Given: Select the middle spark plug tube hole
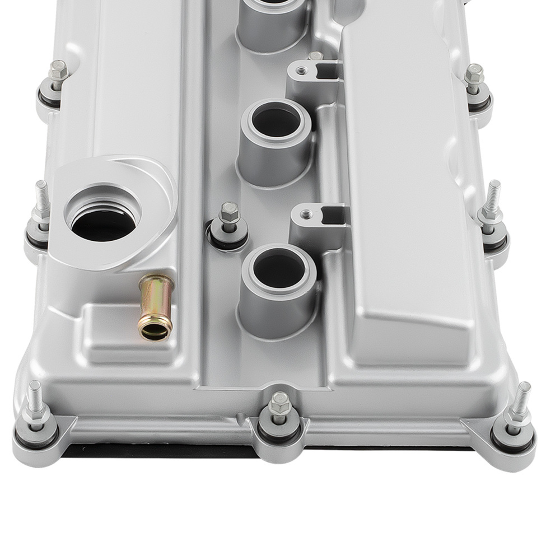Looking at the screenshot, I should tap(276, 120).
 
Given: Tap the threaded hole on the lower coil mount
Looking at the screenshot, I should tap(306, 213).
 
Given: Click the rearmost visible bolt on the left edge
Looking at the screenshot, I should tap(58, 71).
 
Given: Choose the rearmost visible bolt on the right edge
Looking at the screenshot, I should tap(474, 74).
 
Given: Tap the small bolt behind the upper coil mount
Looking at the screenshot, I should tap(316, 56).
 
